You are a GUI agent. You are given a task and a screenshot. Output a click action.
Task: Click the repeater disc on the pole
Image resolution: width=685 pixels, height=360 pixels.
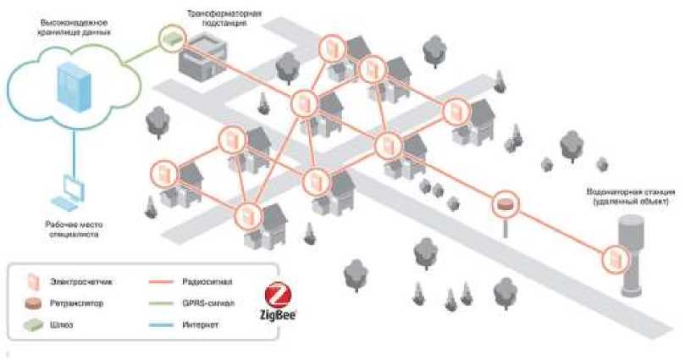505,204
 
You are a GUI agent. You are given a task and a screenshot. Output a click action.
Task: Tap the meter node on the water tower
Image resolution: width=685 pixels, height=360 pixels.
613,256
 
